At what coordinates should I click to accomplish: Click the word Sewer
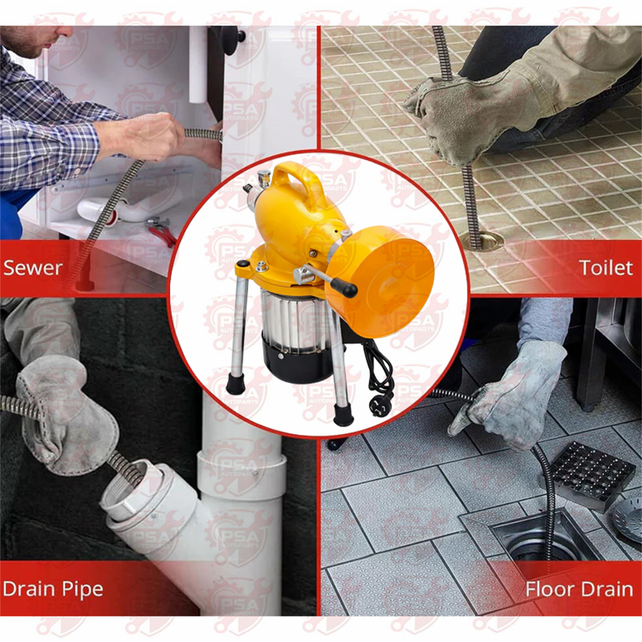(x=33, y=268)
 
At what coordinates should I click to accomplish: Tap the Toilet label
(x=606, y=268)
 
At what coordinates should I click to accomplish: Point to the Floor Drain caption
(x=579, y=589)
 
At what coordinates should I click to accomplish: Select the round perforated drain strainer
(x=628, y=518)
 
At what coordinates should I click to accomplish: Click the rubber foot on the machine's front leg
(x=343, y=415)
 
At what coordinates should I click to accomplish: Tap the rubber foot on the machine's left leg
(x=235, y=383)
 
